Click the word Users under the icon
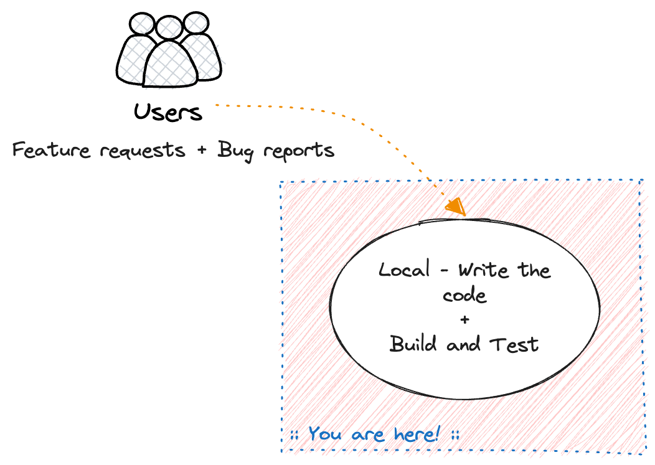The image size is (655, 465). coord(168,113)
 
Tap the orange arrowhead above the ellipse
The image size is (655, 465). coord(456,207)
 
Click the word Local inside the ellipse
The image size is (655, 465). coord(404,270)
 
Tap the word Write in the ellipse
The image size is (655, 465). coord(483,270)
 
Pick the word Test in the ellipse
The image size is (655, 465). coord(514,344)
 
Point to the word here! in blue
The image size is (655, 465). coord(417,434)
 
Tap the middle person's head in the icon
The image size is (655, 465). coord(168,28)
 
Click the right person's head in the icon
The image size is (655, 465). coord(195,22)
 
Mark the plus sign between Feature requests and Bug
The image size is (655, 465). coord(202,151)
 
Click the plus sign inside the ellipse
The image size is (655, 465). coord(464,319)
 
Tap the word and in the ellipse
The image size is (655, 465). coord(463,344)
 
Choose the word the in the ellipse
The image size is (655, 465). coord(534,270)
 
